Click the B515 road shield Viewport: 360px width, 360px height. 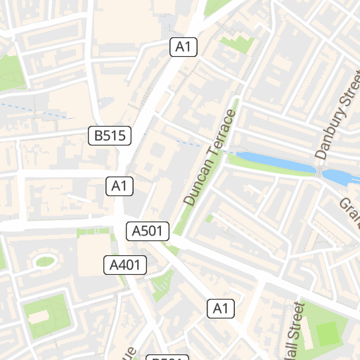(110, 136)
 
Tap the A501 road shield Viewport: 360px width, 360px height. (148, 230)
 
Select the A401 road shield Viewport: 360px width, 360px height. (126, 265)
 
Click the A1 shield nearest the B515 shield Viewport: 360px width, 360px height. (120, 186)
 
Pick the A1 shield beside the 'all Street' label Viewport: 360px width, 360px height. (221, 308)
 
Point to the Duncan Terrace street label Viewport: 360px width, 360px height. (209, 158)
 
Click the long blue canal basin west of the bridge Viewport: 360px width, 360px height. (274, 162)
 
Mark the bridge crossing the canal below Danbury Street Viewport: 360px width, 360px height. (320, 172)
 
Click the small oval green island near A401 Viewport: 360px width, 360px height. (45, 262)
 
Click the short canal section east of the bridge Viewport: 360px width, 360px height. (340, 176)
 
